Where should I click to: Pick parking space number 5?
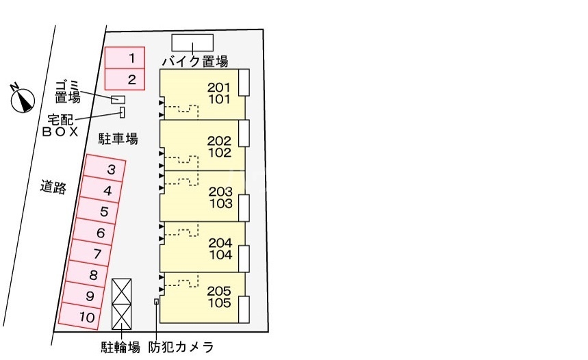[103, 211]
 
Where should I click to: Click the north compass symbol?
[23, 100]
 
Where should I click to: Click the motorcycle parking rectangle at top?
[192, 42]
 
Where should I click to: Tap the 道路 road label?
[53, 186]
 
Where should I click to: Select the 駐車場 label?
[118, 140]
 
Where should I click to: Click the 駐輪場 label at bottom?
[120, 347]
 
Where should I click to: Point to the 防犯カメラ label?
[181, 347]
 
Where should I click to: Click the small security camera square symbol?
[157, 301]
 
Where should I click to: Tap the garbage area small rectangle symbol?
[118, 100]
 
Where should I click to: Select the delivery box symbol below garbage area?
[123, 112]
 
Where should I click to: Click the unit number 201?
[220, 88]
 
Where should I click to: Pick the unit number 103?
[220, 203]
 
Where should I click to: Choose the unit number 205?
[220, 290]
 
